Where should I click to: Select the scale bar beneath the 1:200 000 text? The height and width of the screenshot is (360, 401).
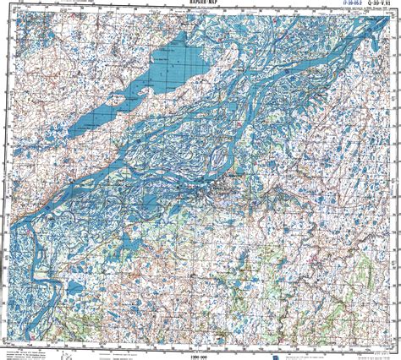[x=201, y=346]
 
